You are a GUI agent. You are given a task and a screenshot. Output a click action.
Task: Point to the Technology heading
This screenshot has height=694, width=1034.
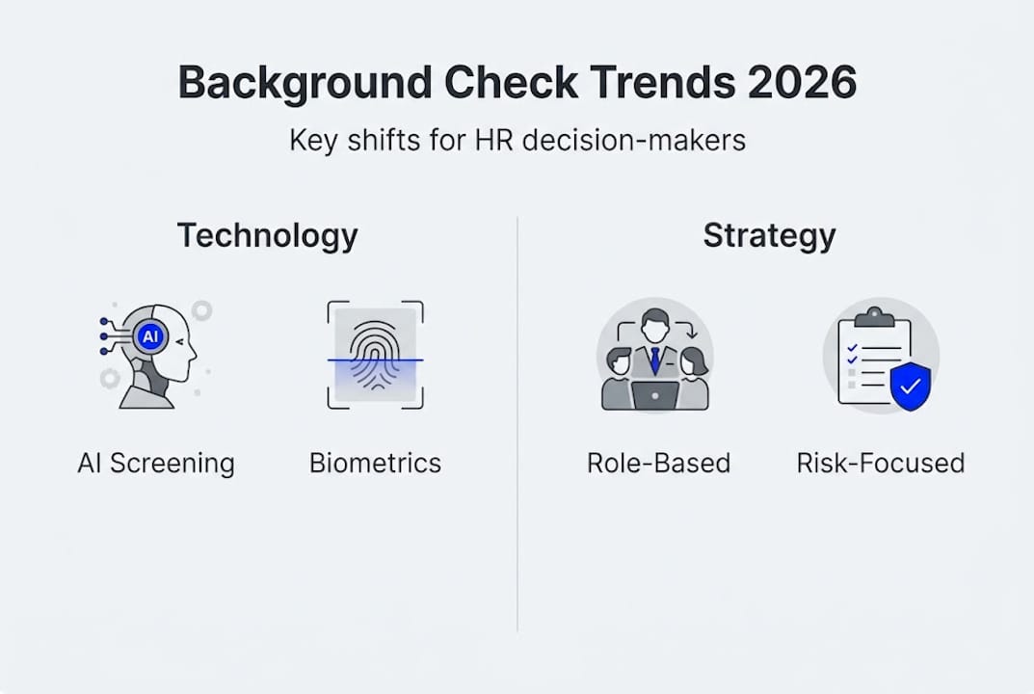click(x=267, y=235)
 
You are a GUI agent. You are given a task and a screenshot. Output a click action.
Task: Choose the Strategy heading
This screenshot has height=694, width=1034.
click(x=769, y=235)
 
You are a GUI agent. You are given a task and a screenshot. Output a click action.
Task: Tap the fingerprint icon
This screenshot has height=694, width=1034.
click(x=376, y=354)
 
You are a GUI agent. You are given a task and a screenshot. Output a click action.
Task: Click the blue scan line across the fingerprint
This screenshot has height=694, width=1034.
click(x=376, y=360)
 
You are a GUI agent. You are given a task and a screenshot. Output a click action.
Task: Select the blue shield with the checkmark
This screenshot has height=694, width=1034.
click(x=910, y=387)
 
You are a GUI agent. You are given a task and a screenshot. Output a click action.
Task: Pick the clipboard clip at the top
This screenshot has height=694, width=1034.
click(x=874, y=316)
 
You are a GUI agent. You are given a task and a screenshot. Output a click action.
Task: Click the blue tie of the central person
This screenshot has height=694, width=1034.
click(x=654, y=360)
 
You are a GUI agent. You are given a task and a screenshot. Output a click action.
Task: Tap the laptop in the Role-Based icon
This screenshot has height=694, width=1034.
click(x=655, y=394)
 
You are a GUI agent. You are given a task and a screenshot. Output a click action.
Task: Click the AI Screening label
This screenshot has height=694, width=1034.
click(x=156, y=463)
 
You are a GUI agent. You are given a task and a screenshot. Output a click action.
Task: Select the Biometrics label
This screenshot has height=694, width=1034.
click(x=375, y=463)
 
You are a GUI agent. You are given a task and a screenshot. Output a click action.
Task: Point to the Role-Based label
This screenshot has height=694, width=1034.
click(x=658, y=463)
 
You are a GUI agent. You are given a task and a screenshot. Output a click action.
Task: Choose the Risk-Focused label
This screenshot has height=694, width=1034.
click(x=880, y=463)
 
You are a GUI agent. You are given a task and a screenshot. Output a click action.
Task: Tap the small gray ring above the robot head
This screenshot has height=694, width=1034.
click(x=201, y=310)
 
